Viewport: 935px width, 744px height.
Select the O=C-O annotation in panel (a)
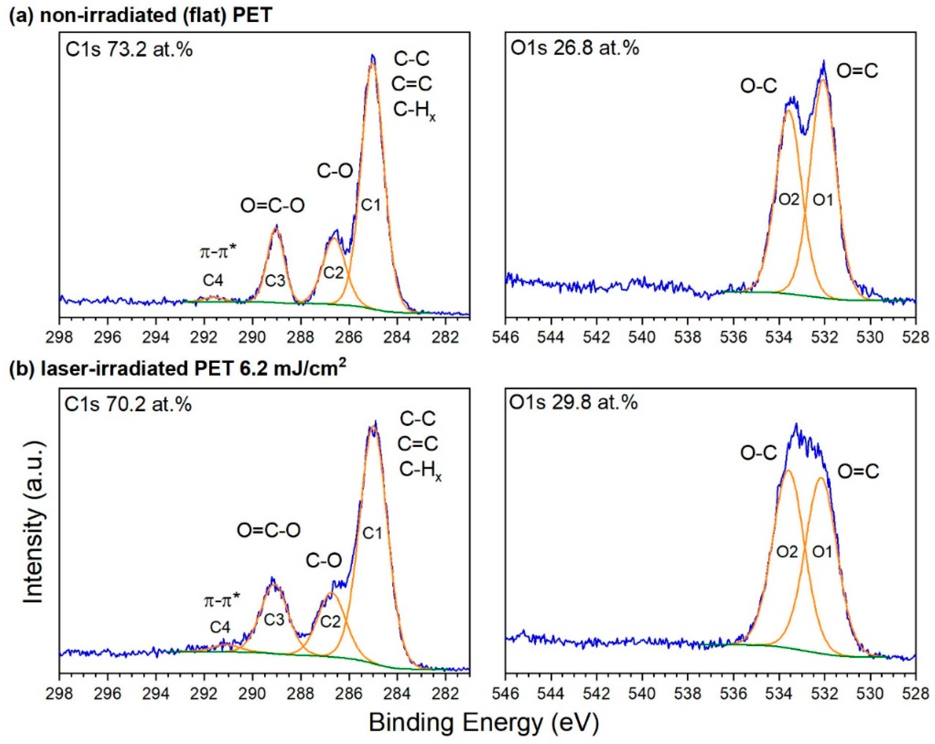pyautogui.click(x=273, y=206)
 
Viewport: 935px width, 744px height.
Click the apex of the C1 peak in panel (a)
pyautogui.click(x=373, y=56)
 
